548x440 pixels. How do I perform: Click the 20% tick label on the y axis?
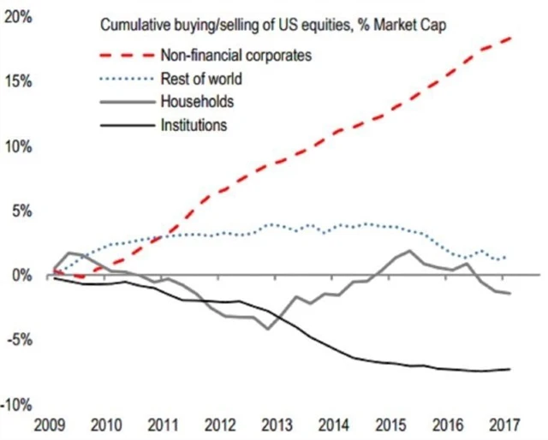18,16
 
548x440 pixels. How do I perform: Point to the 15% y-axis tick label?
18,81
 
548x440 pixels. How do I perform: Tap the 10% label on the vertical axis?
18,146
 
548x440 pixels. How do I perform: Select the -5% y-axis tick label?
18,339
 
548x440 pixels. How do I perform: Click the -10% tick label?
16,404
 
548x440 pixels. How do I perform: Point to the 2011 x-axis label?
162,425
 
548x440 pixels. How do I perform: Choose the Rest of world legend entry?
201,80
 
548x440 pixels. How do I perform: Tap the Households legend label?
197,103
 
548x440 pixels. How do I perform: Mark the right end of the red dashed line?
511,39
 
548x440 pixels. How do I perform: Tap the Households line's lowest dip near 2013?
269,329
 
